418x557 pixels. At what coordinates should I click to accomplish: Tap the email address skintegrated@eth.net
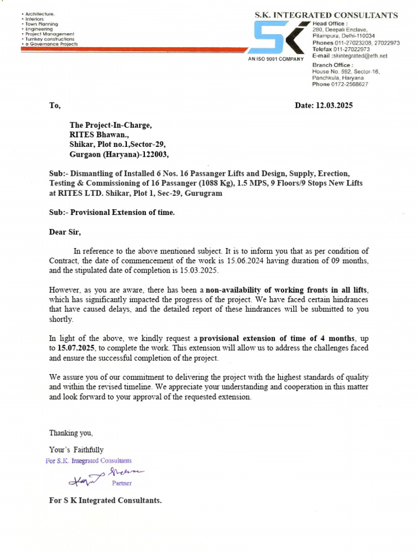click(x=360, y=56)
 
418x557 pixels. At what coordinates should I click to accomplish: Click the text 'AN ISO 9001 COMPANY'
click(x=275, y=58)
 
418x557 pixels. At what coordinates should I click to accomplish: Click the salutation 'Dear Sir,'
click(x=65, y=232)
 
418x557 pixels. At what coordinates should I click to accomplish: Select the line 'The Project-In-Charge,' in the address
click(x=110, y=125)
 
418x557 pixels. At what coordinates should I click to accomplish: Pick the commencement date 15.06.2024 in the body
click(x=245, y=261)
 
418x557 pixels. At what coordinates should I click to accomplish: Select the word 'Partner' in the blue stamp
click(x=121, y=483)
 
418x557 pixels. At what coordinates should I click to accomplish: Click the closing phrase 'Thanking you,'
click(x=71, y=433)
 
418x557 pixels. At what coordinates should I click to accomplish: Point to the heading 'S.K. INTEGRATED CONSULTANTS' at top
click(x=326, y=15)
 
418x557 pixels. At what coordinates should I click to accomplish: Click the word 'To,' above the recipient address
click(x=55, y=106)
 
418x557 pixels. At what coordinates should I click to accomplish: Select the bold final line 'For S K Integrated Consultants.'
click(x=105, y=500)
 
